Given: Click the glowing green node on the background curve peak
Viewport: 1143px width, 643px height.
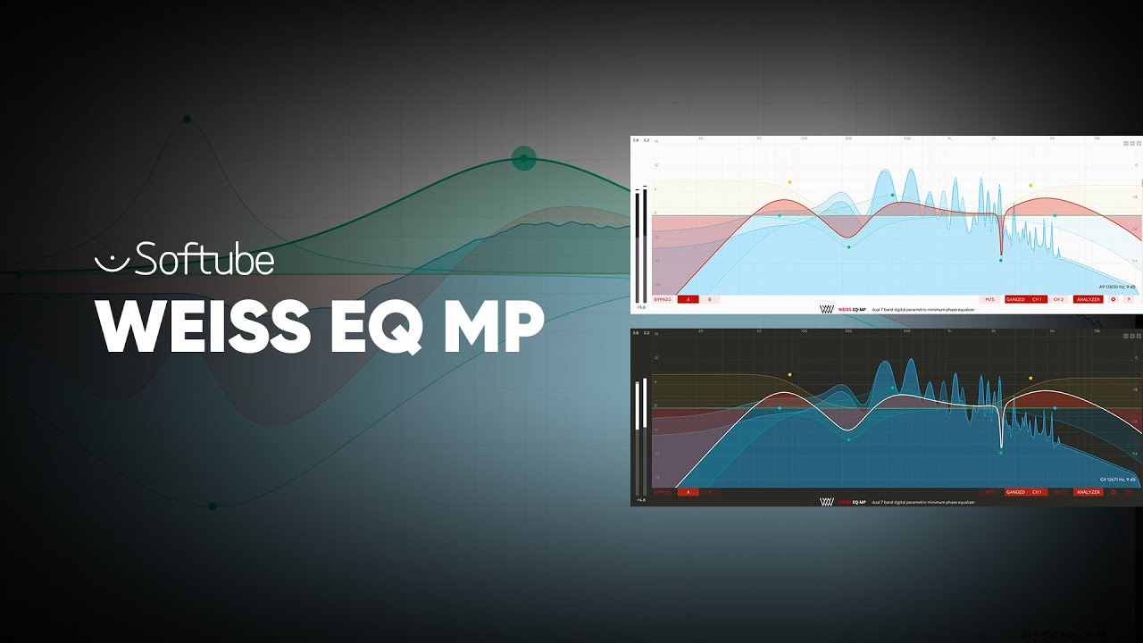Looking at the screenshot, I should [523, 159].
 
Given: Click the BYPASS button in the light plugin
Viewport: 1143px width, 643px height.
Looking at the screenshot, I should [662, 299].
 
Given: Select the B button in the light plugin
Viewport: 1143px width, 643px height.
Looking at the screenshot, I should [710, 299].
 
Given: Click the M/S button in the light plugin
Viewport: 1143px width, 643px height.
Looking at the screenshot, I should [989, 299].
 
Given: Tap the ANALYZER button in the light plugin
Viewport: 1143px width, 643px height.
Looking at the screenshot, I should [1088, 299].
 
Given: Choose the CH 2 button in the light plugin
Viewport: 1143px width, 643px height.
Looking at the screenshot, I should [1058, 299].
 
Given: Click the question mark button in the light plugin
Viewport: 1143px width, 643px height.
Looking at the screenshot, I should [1128, 299].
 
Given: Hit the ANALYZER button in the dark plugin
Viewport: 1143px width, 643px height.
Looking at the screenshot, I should [1088, 492].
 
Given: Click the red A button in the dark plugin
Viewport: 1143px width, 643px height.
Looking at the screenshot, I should [688, 492].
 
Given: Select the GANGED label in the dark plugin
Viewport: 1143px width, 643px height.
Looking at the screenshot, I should [1016, 492].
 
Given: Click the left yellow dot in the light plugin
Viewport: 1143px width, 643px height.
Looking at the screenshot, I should [789, 182].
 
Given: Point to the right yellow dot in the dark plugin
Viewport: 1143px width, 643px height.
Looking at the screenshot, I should [1030, 378].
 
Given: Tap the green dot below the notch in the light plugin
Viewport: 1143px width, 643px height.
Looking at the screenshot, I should [1001, 260].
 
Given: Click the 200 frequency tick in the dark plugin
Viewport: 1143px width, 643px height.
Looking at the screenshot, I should [847, 331].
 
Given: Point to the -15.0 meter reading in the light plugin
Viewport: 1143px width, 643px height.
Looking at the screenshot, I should [639, 308].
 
